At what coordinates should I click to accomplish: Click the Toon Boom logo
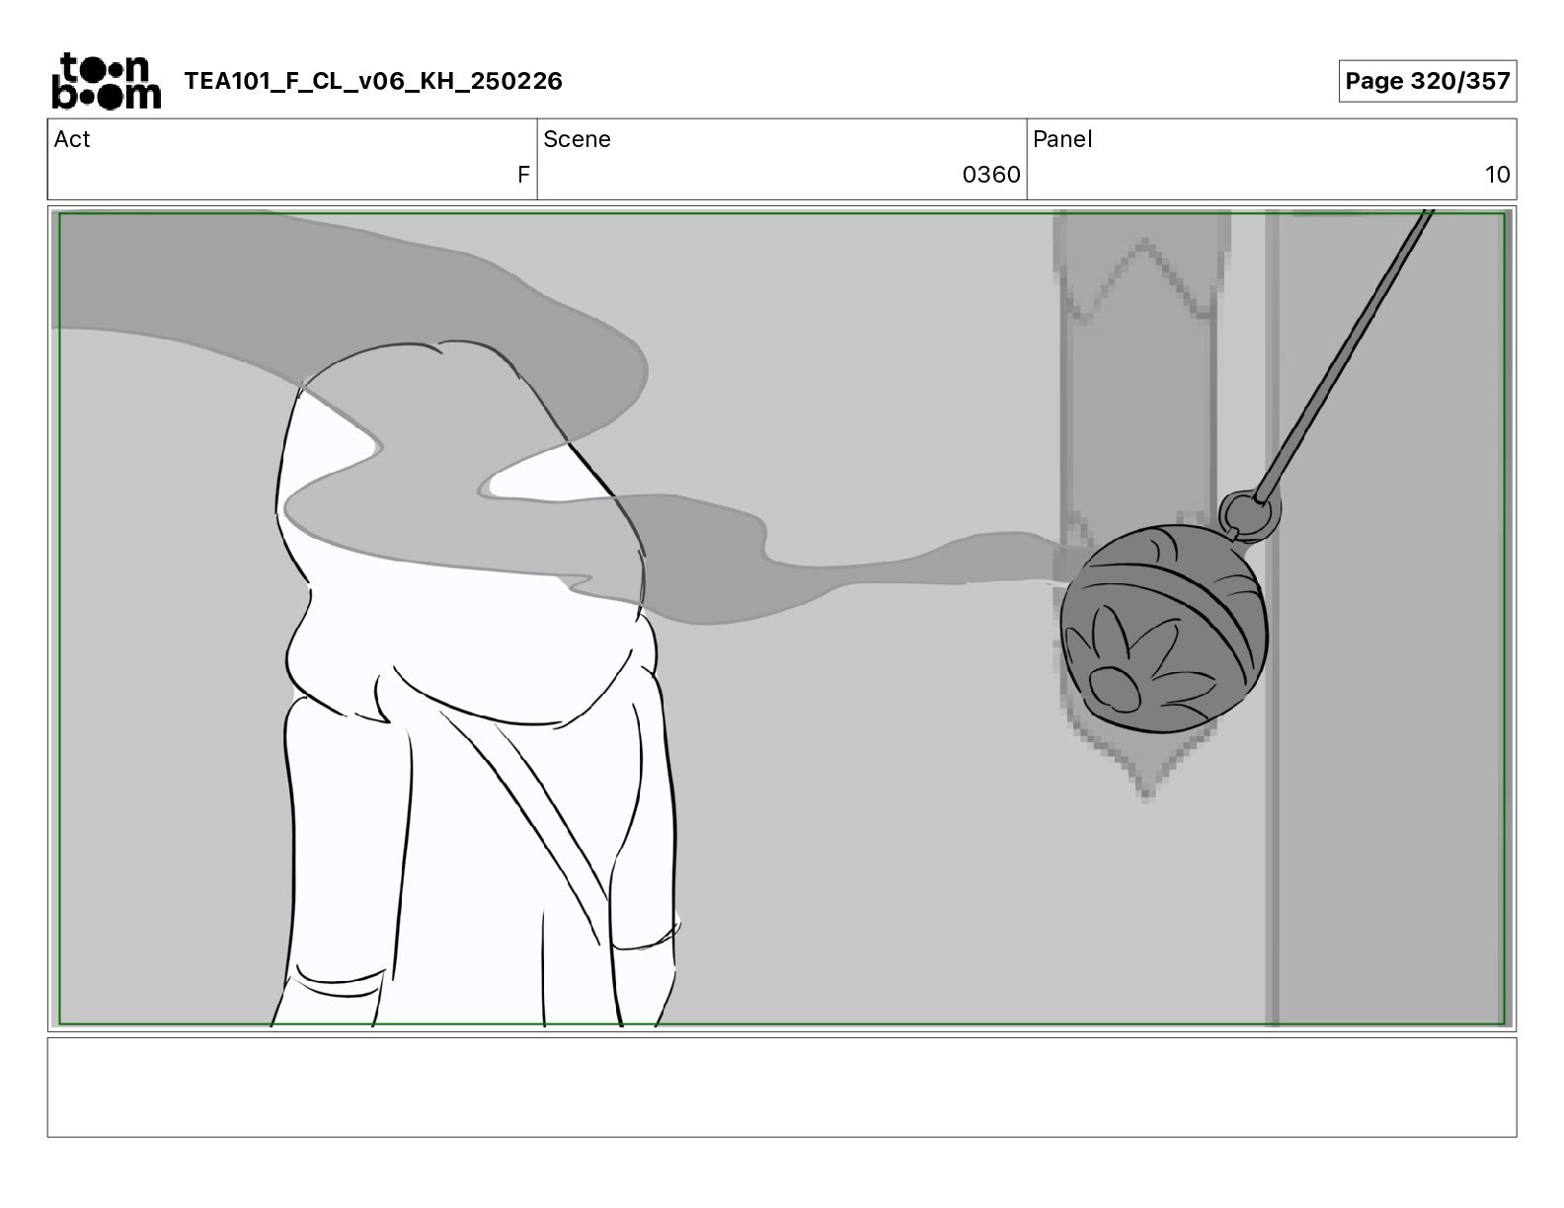pyautogui.click(x=107, y=81)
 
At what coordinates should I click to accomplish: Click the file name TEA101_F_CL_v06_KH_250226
pyautogui.click(x=373, y=81)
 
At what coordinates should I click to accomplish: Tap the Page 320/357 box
pyautogui.click(x=1428, y=81)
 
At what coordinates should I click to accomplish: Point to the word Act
pyautogui.click(x=72, y=139)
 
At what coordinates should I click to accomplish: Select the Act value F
pyautogui.click(x=523, y=174)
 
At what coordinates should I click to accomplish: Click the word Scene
pyautogui.click(x=577, y=139)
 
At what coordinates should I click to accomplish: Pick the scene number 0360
pyautogui.click(x=991, y=174)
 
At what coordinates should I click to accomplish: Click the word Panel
pyautogui.click(x=1062, y=139)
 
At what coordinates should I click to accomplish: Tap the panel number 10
pyautogui.click(x=1497, y=174)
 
